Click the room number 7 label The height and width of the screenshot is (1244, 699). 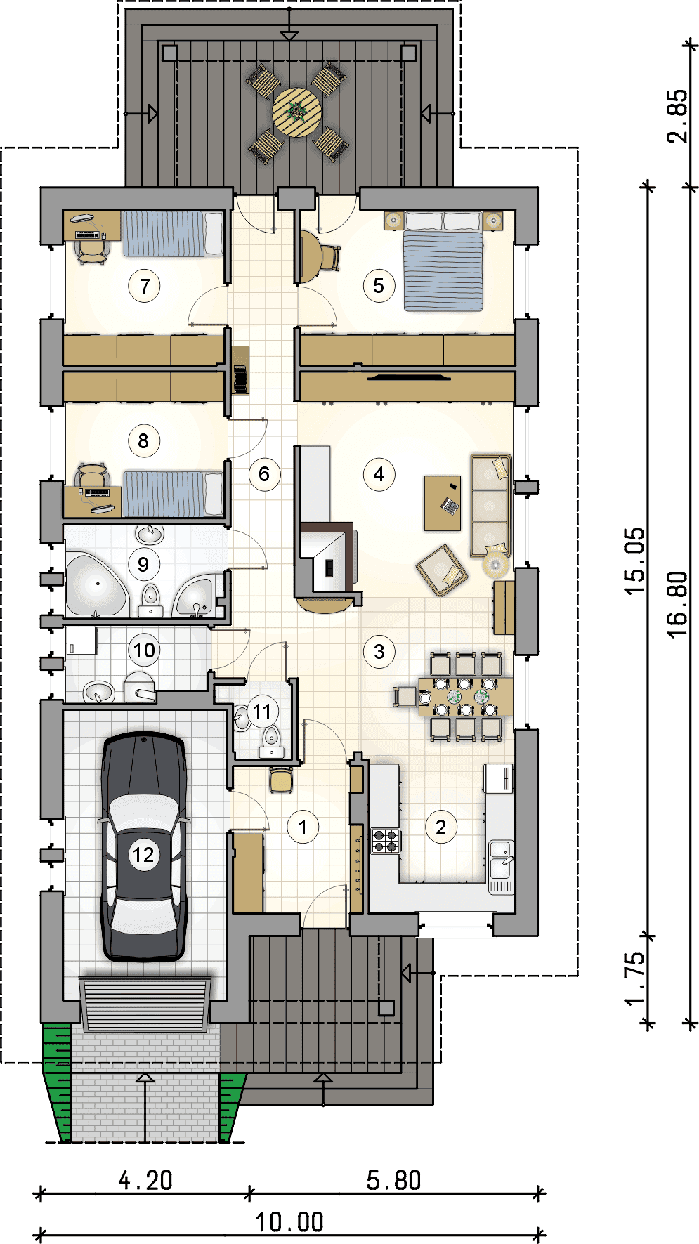click(x=145, y=286)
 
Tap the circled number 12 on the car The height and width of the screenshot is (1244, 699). click(x=143, y=855)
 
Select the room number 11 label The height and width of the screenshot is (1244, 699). click(x=262, y=712)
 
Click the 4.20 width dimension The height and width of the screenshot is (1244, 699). click(x=145, y=1180)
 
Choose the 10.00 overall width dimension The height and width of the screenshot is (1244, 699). click(x=289, y=1222)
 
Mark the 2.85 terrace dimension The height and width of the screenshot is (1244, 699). click(x=677, y=116)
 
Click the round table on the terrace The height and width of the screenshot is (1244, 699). click(x=297, y=112)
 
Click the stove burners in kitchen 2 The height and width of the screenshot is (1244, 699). click(x=386, y=841)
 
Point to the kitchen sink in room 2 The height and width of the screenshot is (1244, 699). click(x=501, y=858)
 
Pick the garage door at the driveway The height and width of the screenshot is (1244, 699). click(x=145, y=1003)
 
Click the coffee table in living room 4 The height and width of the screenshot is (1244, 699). click(x=443, y=503)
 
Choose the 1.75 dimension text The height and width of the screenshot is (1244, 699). click(x=634, y=979)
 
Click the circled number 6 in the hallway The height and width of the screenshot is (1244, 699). click(x=264, y=474)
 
